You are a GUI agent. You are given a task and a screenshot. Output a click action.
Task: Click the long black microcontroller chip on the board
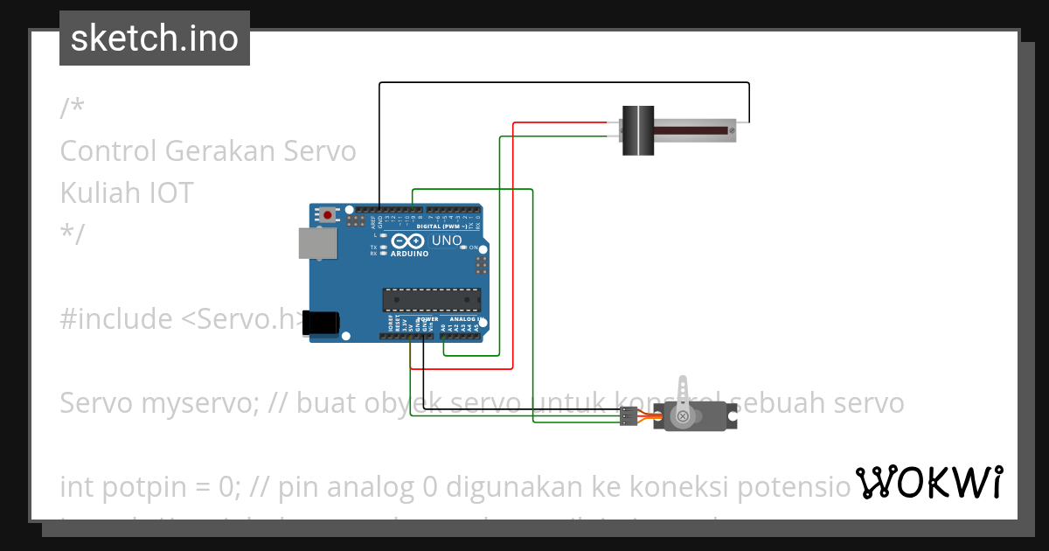[431, 300]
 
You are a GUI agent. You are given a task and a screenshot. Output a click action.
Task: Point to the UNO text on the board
[447, 241]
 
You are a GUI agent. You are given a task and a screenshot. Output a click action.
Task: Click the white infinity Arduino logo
[405, 241]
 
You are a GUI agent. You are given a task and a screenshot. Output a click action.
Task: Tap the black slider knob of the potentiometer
[638, 131]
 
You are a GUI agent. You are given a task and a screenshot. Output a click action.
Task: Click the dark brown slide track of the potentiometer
[691, 131]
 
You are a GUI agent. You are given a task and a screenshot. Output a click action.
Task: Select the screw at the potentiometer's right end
[732, 131]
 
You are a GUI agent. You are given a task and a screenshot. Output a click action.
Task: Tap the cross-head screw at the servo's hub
[683, 416]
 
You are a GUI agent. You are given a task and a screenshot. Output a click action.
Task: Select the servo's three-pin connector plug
[628, 419]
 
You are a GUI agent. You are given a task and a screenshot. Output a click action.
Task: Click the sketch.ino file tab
[155, 38]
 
